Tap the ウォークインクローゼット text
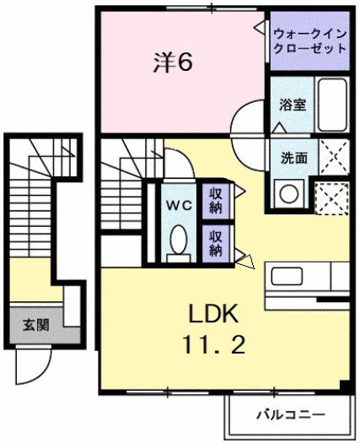point(309,41)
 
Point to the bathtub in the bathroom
point(331,106)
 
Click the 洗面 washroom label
point(293,156)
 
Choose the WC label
point(178,205)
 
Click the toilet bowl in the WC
point(178,241)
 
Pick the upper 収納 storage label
point(217,201)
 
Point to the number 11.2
point(212,345)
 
